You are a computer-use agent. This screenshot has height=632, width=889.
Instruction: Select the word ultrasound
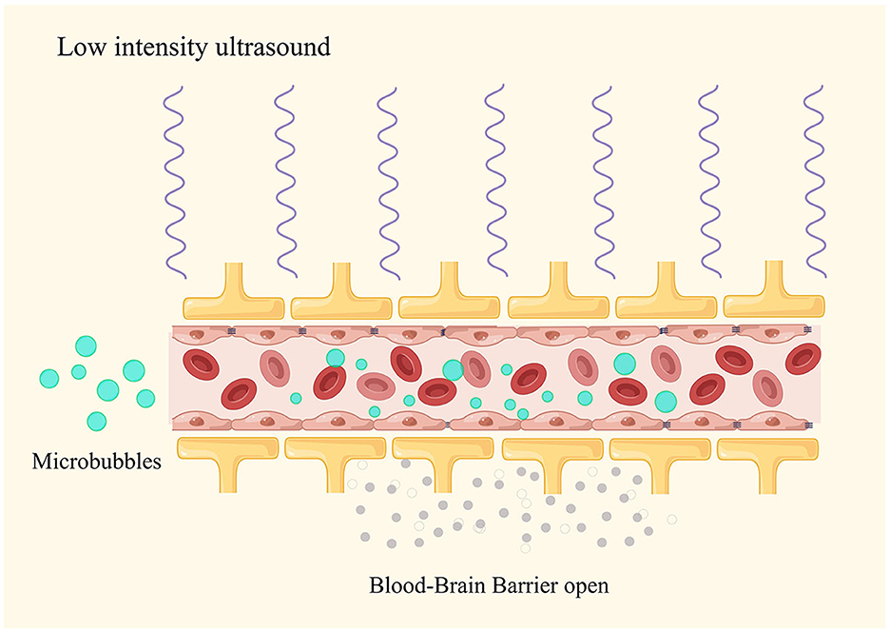click(x=273, y=47)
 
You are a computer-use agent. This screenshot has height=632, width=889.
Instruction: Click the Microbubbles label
click(x=96, y=462)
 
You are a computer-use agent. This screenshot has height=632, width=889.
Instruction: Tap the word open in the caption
click(x=587, y=587)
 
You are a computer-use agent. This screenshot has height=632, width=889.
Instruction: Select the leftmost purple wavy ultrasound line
click(x=174, y=182)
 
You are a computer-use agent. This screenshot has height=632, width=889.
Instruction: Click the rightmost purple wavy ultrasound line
click(x=815, y=182)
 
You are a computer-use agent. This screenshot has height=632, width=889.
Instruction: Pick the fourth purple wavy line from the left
click(x=495, y=181)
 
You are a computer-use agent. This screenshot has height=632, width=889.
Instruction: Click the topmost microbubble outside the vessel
click(x=87, y=346)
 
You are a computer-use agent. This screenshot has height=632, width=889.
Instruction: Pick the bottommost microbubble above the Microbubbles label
click(x=96, y=422)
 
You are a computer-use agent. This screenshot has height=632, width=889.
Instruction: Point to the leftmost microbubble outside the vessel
click(x=49, y=379)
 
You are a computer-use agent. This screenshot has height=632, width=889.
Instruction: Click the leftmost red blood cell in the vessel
click(x=201, y=365)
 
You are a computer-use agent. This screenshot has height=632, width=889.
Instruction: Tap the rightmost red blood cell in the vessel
click(x=803, y=359)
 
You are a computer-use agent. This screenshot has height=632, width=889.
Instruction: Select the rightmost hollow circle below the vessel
click(x=672, y=519)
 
